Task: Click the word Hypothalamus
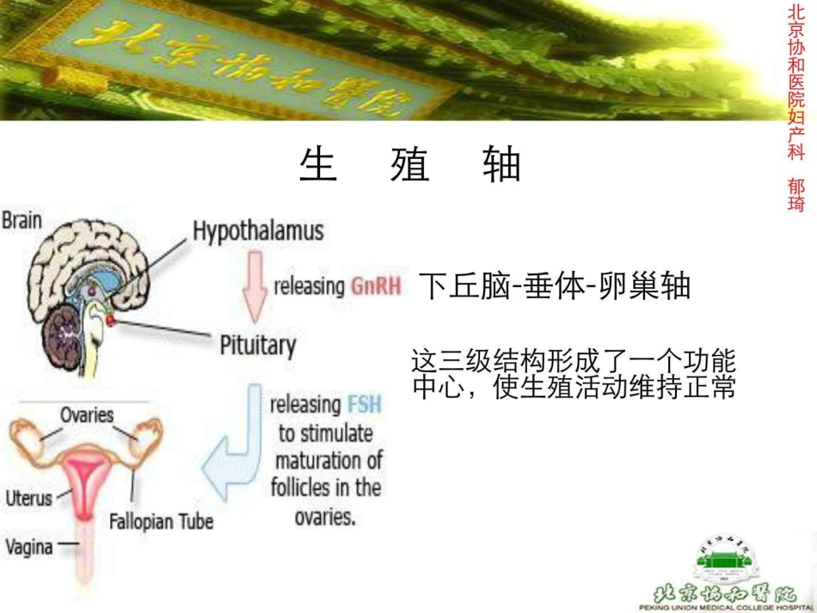click(258, 231)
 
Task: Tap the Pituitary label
click(258, 346)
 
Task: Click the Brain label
click(21, 221)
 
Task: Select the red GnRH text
click(376, 286)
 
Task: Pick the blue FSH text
click(365, 404)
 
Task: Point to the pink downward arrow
click(255, 288)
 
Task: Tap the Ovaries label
click(86, 415)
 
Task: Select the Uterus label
click(28, 498)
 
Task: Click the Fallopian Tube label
click(161, 522)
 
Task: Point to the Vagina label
click(28, 547)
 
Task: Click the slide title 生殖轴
click(410, 164)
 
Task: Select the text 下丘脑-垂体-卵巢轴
click(554, 286)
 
